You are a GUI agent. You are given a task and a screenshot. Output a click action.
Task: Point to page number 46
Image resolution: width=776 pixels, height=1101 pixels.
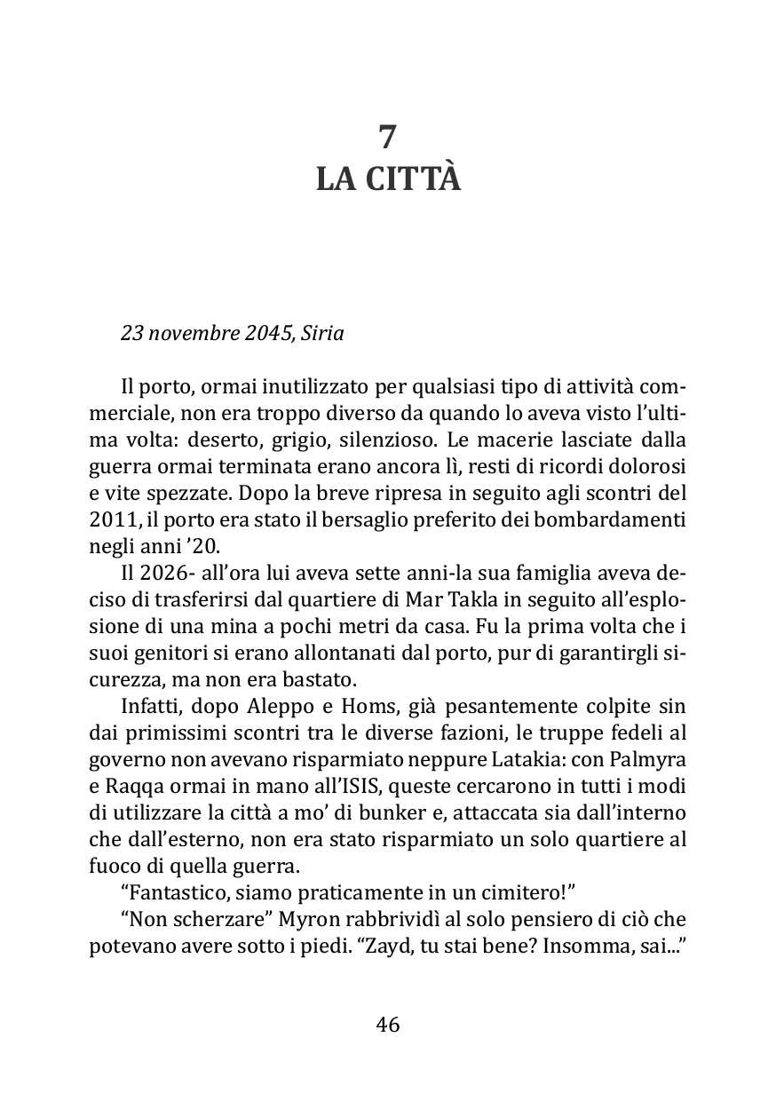(x=388, y=1025)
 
